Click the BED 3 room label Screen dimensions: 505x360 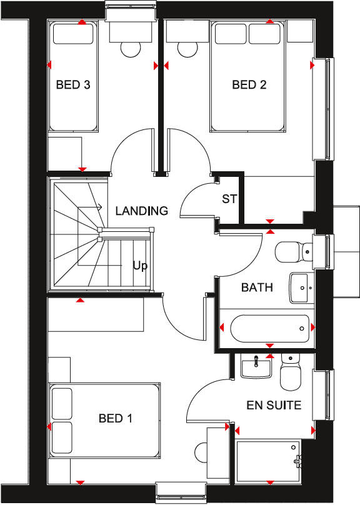point(73,85)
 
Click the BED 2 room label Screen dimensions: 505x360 point(249,85)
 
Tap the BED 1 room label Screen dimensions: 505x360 point(115,418)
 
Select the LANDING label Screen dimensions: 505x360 point(141,211)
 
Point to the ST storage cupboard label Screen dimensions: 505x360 point(229,199)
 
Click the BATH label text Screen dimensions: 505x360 point(257,287)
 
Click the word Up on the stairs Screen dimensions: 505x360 point(140,266)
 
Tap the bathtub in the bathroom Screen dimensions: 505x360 point(269,327)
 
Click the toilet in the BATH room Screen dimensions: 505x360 point(293,251)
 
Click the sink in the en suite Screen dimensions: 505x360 point(256,367)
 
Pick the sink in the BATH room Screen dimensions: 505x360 point(301,288)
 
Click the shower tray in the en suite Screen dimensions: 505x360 point(268,461)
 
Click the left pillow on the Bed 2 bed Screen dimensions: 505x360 point(231,34)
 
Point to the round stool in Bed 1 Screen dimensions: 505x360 point(203,451)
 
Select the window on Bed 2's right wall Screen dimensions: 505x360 point(326,109)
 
